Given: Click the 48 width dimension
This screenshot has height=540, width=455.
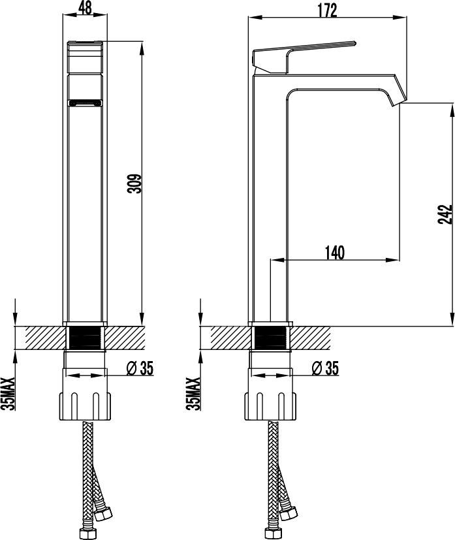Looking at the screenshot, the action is pos(85,8).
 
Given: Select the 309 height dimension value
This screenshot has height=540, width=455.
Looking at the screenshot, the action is pos(134,183).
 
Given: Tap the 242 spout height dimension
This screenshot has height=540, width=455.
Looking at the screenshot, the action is pos(445,214).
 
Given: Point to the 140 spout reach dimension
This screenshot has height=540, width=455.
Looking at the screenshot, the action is pos(334,253).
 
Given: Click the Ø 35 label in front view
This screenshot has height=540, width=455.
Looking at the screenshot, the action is pos(140,368).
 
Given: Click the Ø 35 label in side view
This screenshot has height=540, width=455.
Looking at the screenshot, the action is pos(325,368).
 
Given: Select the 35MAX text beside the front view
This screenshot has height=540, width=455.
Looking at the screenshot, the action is pos(9,393).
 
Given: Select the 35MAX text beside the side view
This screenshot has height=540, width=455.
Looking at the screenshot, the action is pos(193,393).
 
